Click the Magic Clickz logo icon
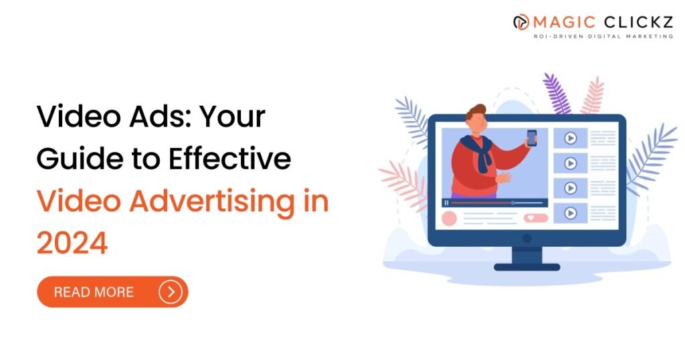click(520, 22)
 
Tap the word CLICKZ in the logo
click(638, 22)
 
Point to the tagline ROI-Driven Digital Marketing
click(603, 36)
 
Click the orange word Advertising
click(212, 202)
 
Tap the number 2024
click(72, 243)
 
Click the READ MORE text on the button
click(94, 292)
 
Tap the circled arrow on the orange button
click(170, 292)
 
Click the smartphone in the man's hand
click(532, 138)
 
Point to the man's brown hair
click(476, 111)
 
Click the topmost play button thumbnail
click(570, 138)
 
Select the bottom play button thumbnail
click(570, 213)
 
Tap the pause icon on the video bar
click(446, 203)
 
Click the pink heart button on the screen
click(536, 217)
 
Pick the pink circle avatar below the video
click(449, 218)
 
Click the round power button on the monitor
click(527, 238)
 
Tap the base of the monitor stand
click(527, 266)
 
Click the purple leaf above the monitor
click(557, 93)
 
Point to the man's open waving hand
click(504, 177)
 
